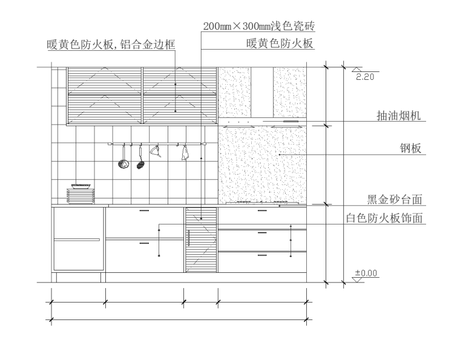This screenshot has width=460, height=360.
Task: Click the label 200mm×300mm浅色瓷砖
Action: click(x=259, y=27)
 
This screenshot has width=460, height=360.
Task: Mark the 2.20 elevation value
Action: click(x=365, y=77)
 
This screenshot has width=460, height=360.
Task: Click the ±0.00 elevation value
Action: click(x=366, y=273)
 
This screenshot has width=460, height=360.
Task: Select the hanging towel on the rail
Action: click(x=185, y=154)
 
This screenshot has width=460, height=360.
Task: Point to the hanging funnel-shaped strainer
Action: click(x=155, y=152)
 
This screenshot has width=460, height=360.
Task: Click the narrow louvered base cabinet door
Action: click(x=201, y=240)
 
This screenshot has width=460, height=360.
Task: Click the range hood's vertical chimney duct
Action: click(x=263, y=93)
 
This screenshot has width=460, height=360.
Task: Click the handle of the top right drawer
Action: click(x=261, y=211)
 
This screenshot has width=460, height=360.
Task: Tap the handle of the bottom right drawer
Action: click(x=261, y=256)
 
